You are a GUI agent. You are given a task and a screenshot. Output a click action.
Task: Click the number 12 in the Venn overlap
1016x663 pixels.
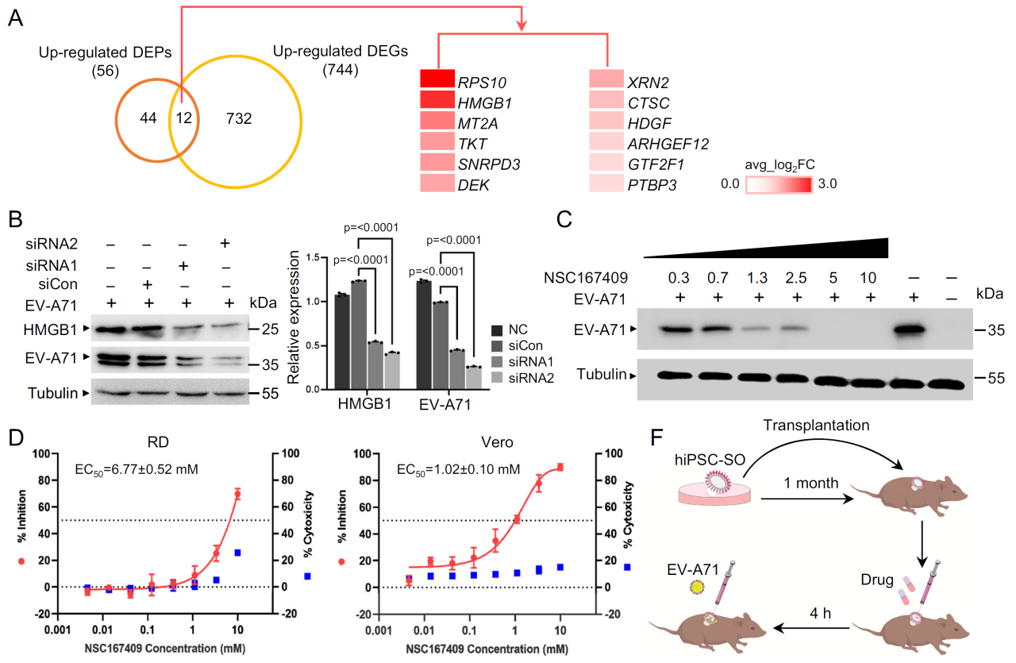184,118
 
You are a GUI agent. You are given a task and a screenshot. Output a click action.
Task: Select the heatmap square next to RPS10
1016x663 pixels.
437,79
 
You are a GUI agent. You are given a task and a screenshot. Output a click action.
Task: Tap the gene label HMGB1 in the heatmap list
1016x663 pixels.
484,103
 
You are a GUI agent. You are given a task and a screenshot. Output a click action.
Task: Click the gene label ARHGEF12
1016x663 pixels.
668,145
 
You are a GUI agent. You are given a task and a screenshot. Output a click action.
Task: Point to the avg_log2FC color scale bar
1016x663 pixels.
779,185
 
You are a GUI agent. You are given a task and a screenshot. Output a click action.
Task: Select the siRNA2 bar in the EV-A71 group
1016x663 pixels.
474,378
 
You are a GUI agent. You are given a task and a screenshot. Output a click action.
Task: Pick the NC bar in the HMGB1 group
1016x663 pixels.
342,341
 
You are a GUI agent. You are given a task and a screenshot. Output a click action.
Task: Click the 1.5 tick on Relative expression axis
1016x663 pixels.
313,258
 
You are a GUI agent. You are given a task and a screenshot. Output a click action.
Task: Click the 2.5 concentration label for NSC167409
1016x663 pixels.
796,278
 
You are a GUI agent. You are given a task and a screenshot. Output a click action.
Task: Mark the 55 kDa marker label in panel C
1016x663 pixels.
996,378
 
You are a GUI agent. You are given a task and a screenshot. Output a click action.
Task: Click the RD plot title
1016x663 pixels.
158,442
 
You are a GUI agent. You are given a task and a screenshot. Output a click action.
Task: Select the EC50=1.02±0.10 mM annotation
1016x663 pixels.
458,469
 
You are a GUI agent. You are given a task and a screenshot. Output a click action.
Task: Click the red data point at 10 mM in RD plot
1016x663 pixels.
237,494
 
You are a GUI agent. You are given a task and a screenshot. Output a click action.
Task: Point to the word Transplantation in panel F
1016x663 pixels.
816,426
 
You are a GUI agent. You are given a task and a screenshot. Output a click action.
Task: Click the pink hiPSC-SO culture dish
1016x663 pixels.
714,494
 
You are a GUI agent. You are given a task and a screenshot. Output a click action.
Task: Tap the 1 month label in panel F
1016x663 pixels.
811,483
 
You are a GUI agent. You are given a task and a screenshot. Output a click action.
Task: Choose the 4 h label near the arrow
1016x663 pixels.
821,613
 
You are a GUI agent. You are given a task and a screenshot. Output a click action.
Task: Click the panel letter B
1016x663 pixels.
15,218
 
